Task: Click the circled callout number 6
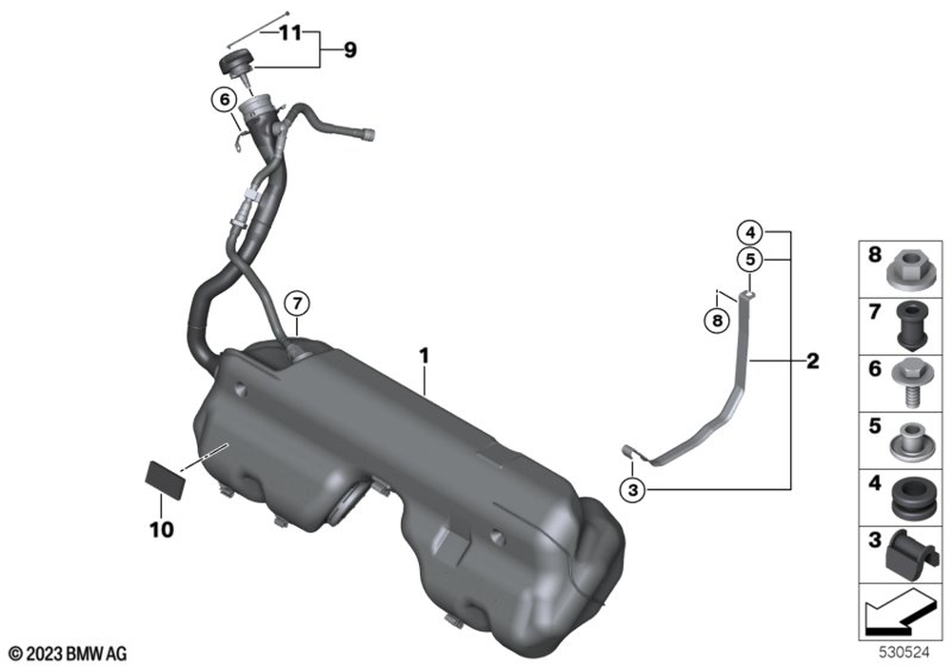(225, 100)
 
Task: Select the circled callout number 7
(297, 304)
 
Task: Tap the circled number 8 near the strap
(717, 320)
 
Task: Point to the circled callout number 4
(750, 232)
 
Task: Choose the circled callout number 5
(750, 260)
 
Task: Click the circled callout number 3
(633, 489)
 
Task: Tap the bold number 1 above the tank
(425, 356)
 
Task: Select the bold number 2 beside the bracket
(812, 362)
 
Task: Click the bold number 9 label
(350, 49)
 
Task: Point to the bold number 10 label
(162, 530)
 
